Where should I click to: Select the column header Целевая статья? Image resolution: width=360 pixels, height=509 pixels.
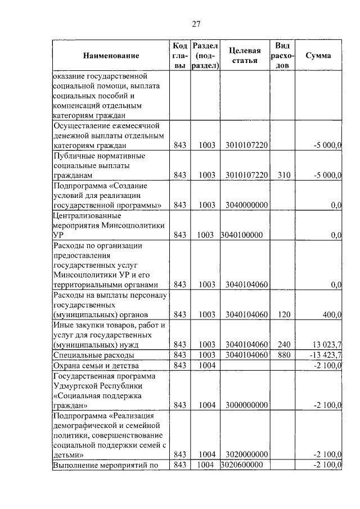244,56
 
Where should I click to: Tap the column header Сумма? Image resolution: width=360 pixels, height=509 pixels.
318,56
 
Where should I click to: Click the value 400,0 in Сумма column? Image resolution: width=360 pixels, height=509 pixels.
331,314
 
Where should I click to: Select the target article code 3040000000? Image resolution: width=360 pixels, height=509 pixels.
246,205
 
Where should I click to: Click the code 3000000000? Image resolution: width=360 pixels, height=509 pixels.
246,404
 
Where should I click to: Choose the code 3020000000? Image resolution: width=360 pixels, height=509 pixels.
246,454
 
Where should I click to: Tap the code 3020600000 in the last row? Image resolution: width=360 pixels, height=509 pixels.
242,465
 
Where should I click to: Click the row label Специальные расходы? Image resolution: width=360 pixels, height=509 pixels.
93,355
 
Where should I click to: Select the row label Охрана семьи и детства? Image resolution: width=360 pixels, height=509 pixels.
100,366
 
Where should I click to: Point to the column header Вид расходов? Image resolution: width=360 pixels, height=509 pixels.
283,55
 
